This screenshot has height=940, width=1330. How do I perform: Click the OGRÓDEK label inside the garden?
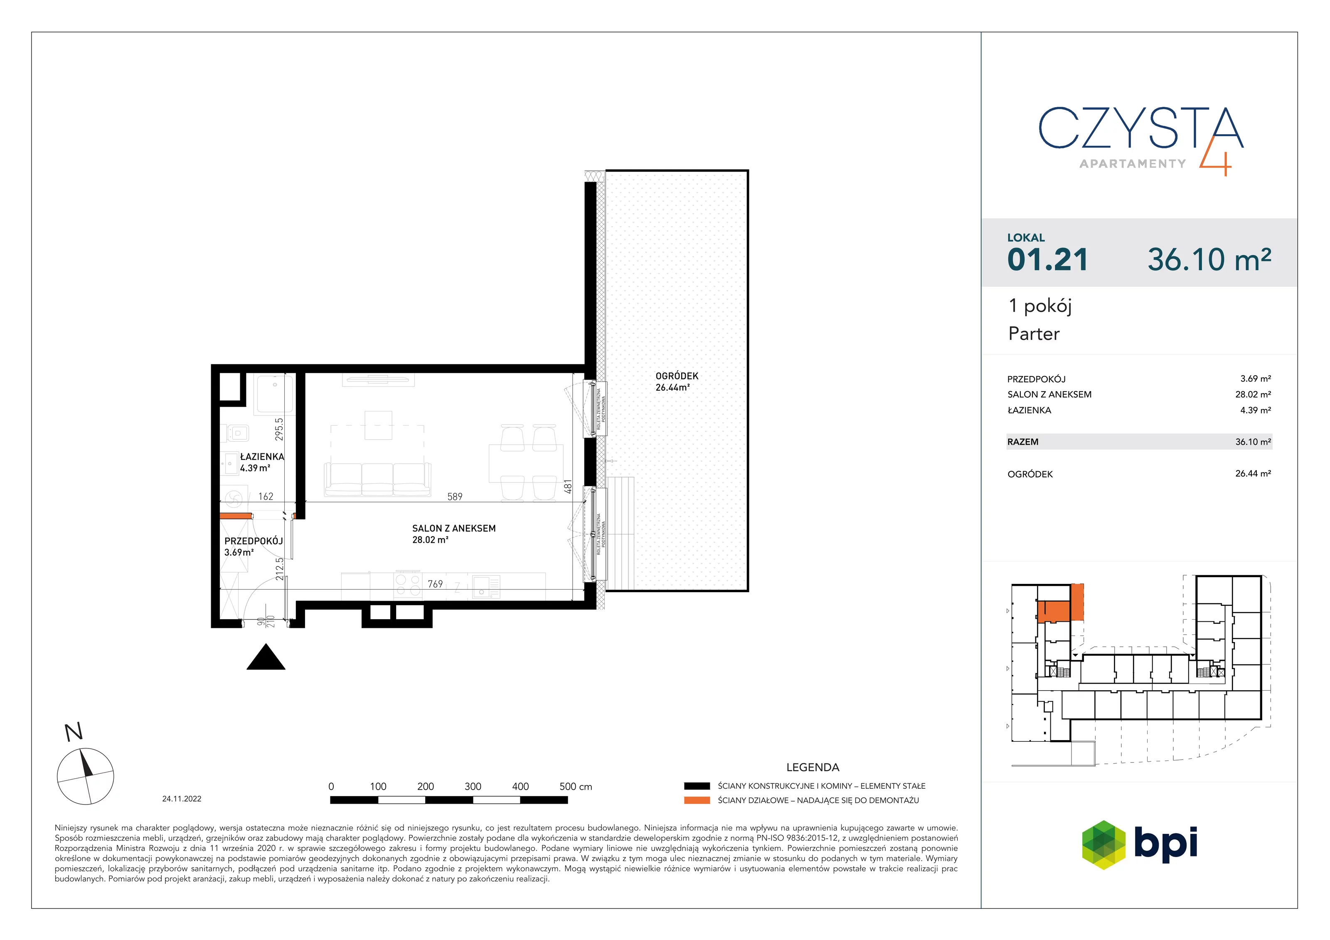click(x=677, y=376)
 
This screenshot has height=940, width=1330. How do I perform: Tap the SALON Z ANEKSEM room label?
click(x=453, y=528)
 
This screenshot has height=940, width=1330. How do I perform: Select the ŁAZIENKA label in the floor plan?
click(x=262, y=456)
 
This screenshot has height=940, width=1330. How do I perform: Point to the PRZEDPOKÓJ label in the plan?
click(x=253, y=541)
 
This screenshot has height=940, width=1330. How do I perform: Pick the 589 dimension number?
click(x=455, y=496)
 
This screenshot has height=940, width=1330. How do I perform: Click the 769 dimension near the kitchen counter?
click(x=435, y=584)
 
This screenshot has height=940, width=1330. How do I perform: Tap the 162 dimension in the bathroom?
click(x=265, y=496)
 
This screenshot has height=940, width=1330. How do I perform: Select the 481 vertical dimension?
click(x=568, y=487)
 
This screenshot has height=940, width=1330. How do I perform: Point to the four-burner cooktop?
click(x=407, y=585)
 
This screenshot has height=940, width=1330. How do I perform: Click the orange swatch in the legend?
click(x=697, y=800)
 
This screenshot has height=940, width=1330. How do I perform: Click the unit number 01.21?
click(x=1047, y=259)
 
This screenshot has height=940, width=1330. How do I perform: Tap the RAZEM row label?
click(x=1023, y=442)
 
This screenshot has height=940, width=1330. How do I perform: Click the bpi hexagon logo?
click(x=1103, y=845)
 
